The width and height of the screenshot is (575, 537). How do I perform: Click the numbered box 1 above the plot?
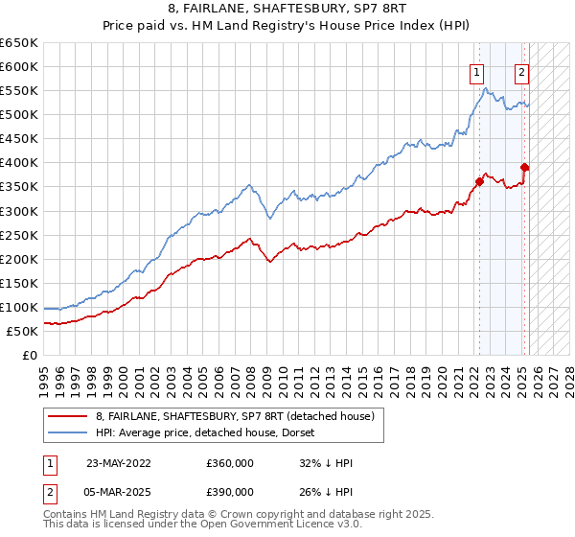[x=476, y=71]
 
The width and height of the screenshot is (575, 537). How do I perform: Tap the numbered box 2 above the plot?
[x=521, y=71]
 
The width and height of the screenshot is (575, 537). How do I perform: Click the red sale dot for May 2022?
[x=479, y=181]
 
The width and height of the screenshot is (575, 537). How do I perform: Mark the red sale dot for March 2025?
[x=525, y=167]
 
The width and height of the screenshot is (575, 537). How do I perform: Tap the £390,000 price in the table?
[x=230, y=491]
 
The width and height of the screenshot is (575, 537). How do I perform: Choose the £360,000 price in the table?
[x=230, y=461]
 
